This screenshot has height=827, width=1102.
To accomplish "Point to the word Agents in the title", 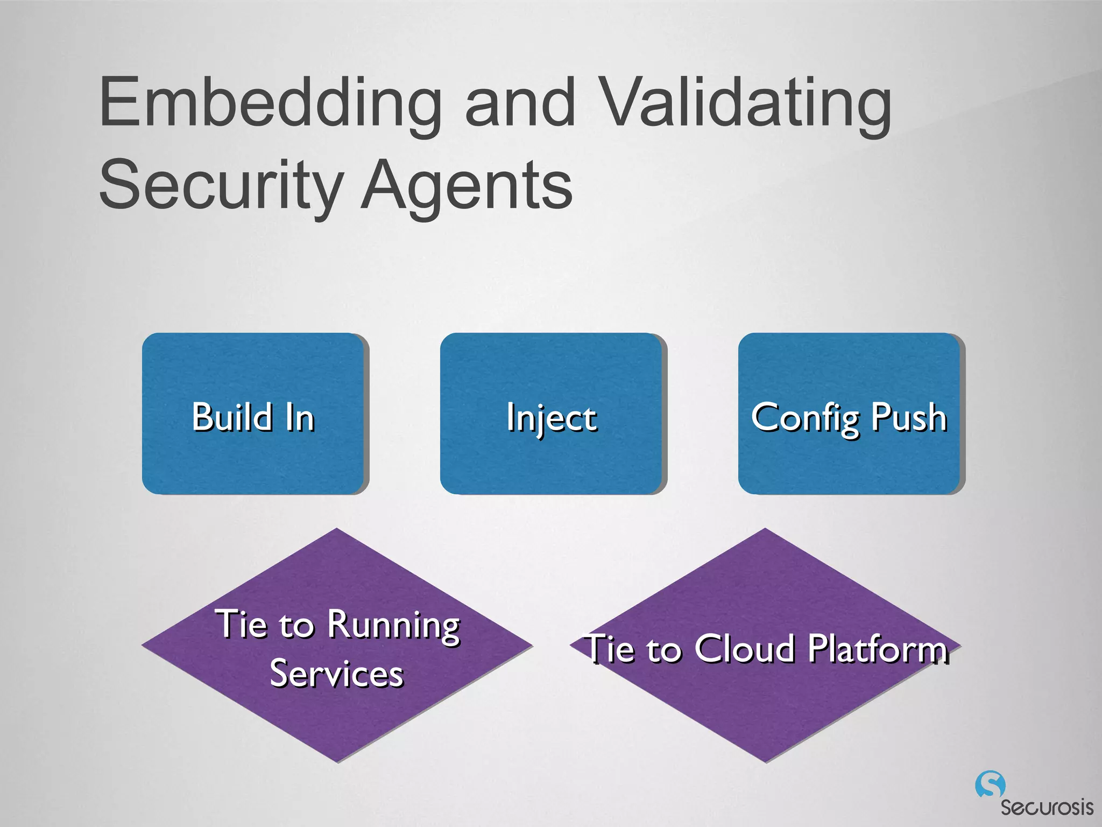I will point(466,186).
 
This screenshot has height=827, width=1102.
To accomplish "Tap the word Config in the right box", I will point(806,418).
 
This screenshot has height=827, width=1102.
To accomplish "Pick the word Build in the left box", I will point(232,417).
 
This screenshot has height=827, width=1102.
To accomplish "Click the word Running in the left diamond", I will point(393,626).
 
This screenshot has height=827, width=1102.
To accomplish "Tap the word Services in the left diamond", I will point(337,674).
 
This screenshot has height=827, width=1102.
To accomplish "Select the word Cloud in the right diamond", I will point(745,648).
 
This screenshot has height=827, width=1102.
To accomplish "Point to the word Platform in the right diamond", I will point(877,649).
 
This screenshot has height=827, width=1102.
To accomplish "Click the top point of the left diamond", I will point(337,530).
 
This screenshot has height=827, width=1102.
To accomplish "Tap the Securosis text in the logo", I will point(1047,808).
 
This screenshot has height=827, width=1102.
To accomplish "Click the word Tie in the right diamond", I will point(611,649).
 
